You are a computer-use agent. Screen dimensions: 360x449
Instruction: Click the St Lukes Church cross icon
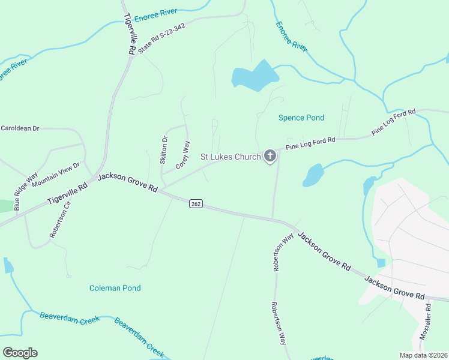tap(270, 157)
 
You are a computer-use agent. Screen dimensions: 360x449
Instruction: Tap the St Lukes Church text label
tap(230, 157)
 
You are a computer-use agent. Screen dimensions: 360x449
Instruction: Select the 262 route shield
tap(196, 203)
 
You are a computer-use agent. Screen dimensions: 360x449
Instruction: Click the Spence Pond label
tap(301, 118)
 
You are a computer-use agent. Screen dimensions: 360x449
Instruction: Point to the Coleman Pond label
tap(115, 288)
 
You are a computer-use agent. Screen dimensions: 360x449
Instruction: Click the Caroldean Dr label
tap(20, 128)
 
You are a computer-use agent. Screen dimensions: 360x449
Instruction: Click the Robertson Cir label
tap(60, 220)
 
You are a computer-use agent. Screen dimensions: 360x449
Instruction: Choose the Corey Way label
tap(182, 155)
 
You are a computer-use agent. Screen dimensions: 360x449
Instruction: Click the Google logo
tap(20, 353)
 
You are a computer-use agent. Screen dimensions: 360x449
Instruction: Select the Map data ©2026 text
tap(423, 355)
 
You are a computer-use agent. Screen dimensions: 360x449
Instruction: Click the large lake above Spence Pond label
tap(256, 77)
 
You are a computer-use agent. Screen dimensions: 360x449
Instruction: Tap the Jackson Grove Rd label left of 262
tap(127, 182)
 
